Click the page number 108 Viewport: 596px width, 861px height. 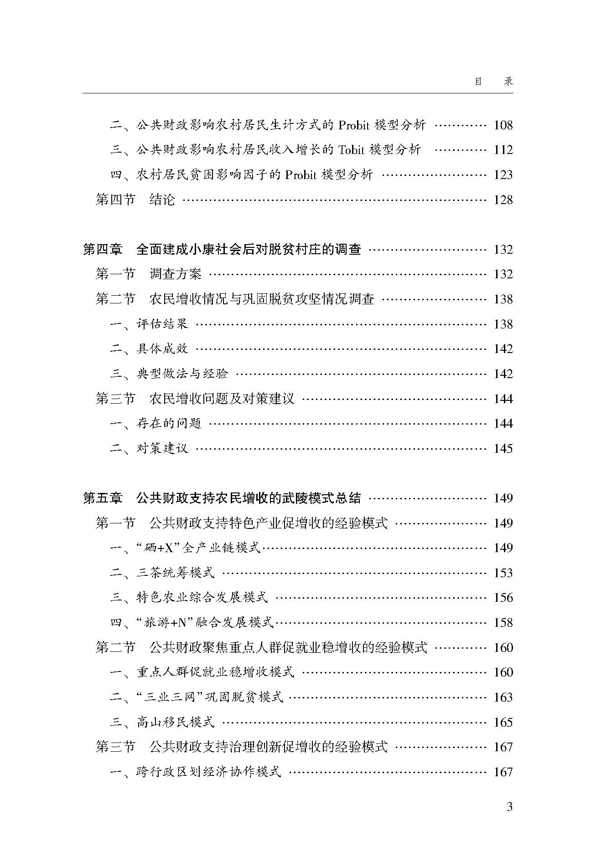coord(503,125)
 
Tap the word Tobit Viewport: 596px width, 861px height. coord(352,150)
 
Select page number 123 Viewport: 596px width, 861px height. coord(503,175)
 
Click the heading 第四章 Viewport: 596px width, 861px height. coord(103,249)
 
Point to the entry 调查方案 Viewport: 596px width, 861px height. coord(175,274)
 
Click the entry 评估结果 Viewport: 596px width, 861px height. coord(162,324)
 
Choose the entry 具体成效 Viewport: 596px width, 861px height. coord(162,349)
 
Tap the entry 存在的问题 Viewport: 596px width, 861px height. coord(168,424)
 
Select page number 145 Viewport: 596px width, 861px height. coord(503,449)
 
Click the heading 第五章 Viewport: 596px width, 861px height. coord(103,498)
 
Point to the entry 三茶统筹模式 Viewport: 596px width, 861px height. coord(175,573)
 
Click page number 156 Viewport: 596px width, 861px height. coord(503,598)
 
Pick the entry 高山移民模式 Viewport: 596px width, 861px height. coord(175,722)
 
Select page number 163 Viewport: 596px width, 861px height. coord(503,697)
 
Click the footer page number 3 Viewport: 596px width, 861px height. coord(509,807)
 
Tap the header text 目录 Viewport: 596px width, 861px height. coord(494,82)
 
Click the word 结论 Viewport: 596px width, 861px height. coord(162,200)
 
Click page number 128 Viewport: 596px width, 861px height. coord(503,200)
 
